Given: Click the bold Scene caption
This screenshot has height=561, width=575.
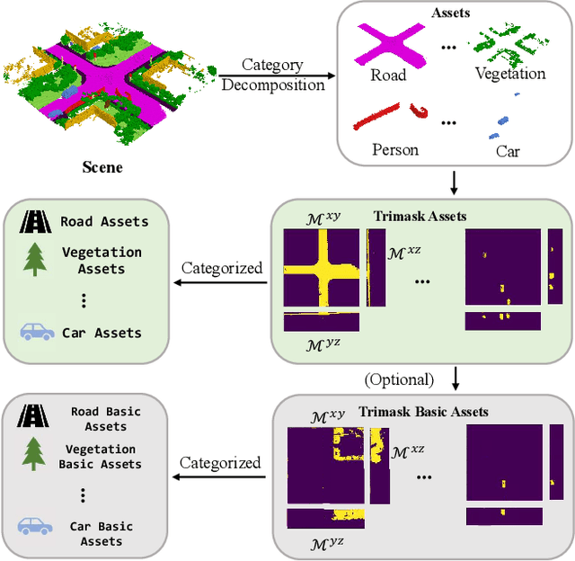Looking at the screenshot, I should (x=102, y=166).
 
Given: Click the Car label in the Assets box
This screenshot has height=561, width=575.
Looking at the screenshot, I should (x=508, y=150).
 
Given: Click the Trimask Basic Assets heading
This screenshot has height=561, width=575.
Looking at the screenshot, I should (x=423, y=411).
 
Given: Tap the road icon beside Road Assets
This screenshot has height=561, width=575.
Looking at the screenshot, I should (x=37, y=221).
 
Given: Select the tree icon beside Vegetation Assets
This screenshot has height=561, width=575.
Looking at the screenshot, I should (x=37, y=261).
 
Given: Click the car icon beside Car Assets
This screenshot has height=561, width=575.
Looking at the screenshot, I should (x=37, y=332).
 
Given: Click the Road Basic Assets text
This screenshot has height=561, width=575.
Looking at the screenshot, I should (x=105, y=419).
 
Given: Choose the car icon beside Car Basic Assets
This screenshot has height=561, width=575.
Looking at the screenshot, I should (x=36, y=527).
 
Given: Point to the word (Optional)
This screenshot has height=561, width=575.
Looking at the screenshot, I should (x=399, y=378).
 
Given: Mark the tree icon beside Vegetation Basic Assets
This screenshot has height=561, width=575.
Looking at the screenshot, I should (x=36, y=456).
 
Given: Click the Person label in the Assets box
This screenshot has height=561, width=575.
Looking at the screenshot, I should (x=395, y=149).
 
